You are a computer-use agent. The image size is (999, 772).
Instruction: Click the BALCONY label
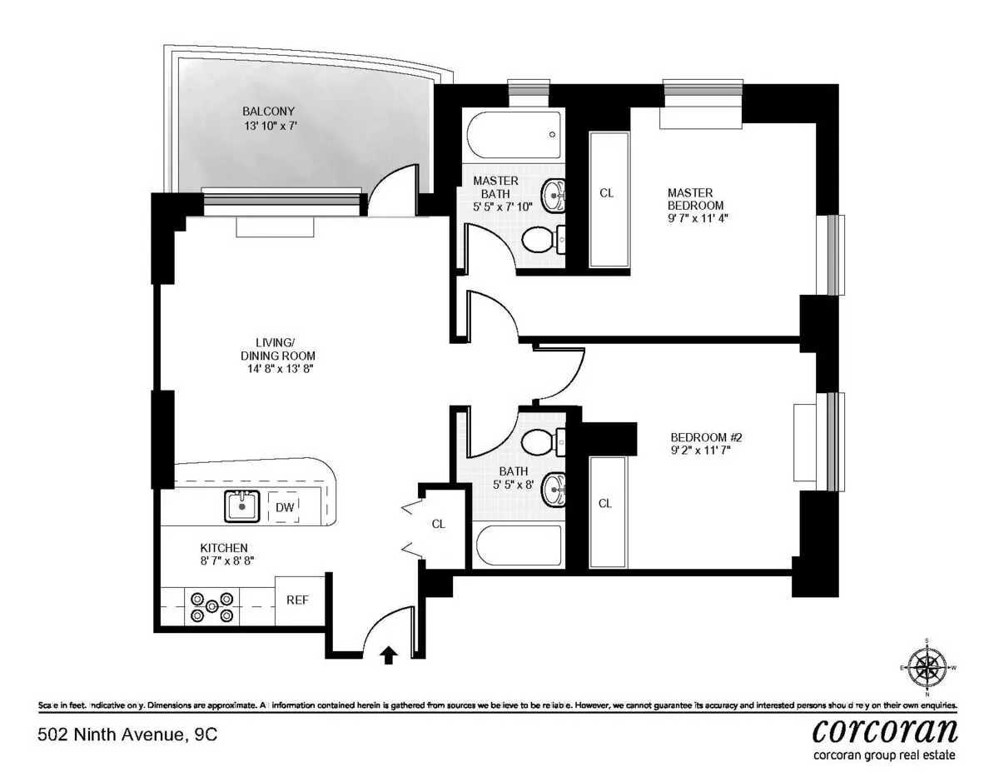tap(268, 111)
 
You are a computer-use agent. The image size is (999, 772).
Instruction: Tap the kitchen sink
tap(242, 506)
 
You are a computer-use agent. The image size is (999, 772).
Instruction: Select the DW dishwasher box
tap(283, 506)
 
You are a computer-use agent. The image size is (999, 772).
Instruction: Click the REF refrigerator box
tap(299, 600)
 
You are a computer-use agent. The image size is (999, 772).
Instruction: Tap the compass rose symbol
tap(927, 667)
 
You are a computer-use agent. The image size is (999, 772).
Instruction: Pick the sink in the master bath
tap(552, 197)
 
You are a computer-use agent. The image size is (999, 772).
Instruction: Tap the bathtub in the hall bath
tap(517, 546)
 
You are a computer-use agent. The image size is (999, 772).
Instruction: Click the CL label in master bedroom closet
tap(607, 193)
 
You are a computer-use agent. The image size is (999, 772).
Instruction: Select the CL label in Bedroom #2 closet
tap(605, 503)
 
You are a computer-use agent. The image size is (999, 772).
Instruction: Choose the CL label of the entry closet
tap(438, 524)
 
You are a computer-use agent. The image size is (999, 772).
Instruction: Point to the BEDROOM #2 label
tap(705, 437)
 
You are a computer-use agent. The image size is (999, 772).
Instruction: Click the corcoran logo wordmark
tap(884, 730)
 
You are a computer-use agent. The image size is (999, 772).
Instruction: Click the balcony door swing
tap(393, 188)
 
